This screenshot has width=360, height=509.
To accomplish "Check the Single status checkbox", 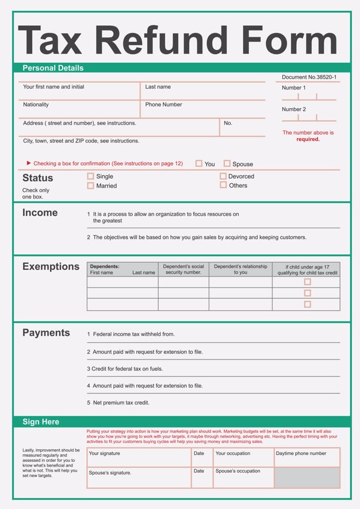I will tap(90, 177).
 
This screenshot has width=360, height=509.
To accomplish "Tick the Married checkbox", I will tap(90, 186).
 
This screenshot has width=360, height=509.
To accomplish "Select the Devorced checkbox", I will tap(223, 177).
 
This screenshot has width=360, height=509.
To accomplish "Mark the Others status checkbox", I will tap(223, 185).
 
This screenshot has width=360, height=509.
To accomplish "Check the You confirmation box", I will tap(199, 163).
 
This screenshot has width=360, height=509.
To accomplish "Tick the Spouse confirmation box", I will tap(227, 163).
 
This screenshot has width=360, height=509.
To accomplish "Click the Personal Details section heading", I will tap(53, 68).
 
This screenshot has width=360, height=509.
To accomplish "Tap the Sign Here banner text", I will tap(41, 422).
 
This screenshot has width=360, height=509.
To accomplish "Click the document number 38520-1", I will tap(309, 77).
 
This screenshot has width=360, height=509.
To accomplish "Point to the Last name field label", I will tap(158, 87).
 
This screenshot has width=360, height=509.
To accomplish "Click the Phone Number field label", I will tap(163, 105).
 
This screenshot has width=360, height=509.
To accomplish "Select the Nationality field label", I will tap(36, 105).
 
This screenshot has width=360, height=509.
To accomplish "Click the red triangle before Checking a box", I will tap(29, 163).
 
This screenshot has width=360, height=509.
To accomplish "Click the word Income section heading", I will tap(40, 212).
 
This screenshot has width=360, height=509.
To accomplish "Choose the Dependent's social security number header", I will tap(183, 269).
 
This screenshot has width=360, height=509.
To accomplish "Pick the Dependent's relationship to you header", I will tap(240, 269).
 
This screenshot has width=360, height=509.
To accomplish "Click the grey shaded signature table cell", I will tap(307, 477).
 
